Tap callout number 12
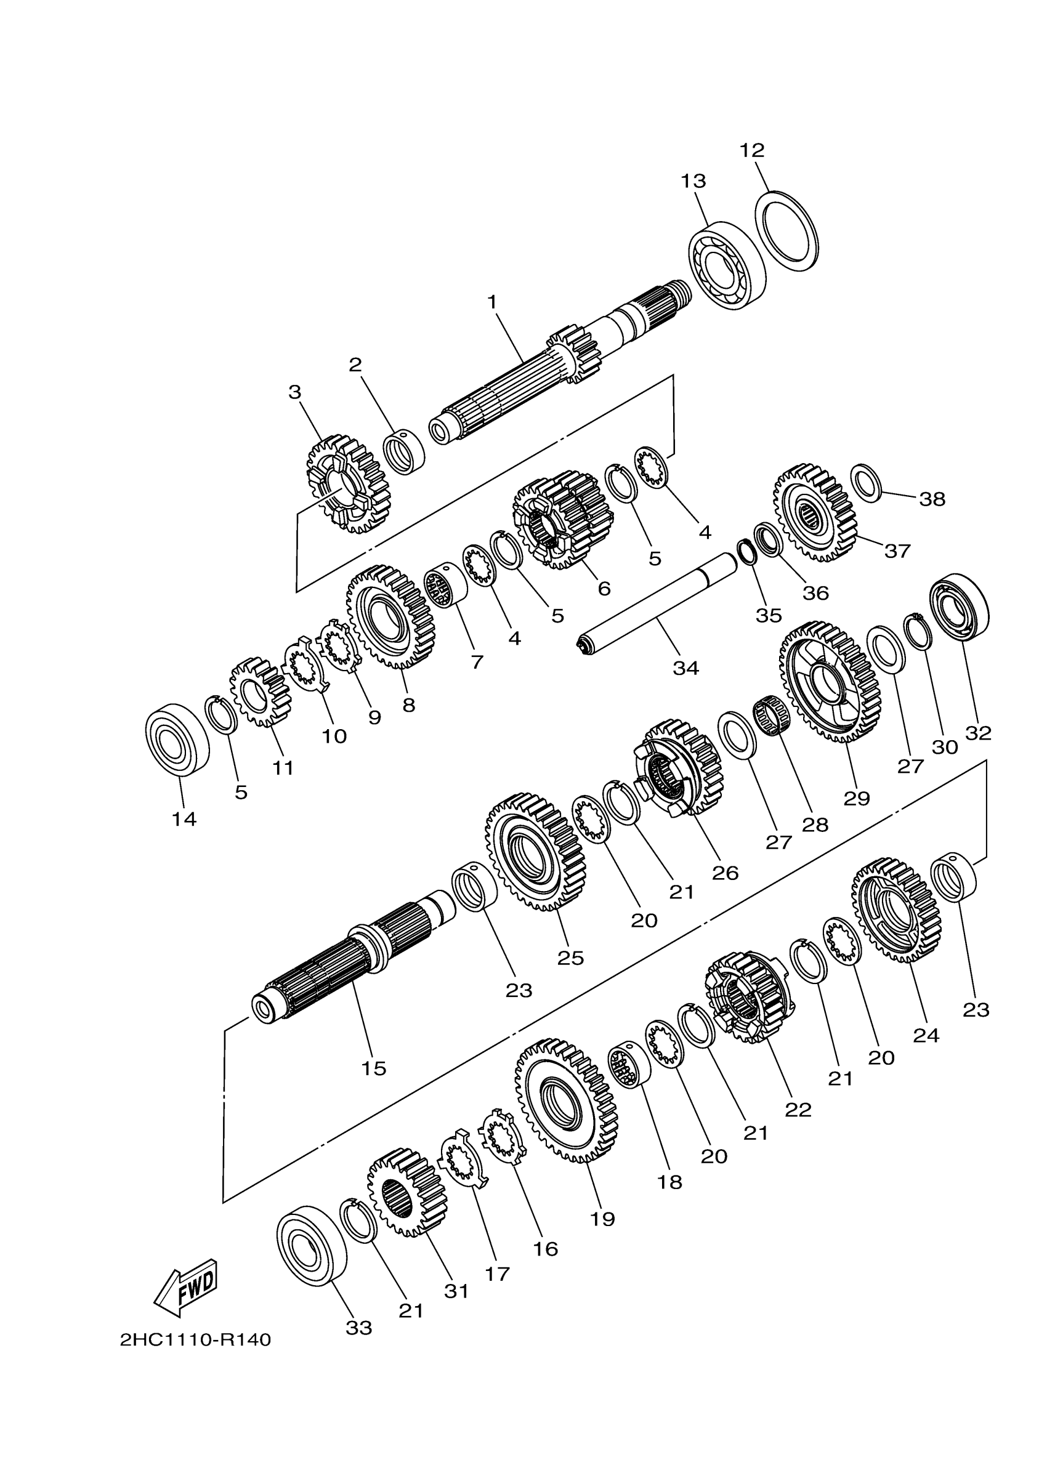pos(752,150)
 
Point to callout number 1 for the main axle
pos(493,302)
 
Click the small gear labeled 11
pos(261,692)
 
